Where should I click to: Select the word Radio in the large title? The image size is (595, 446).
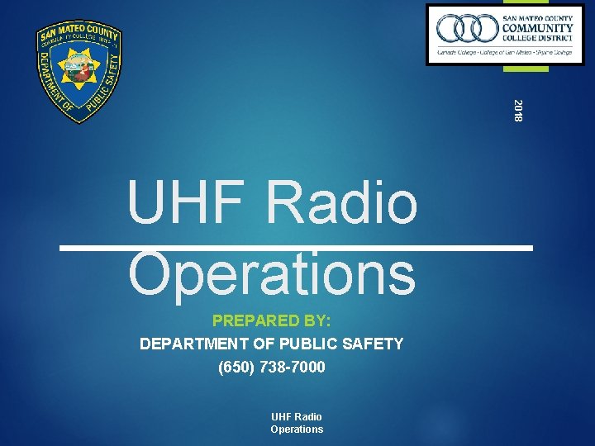tap(345, 205)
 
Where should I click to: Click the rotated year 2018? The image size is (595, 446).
tap(518, 110)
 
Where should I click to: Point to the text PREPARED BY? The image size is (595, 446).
tap(272, 320)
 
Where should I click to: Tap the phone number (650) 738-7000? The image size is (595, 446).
tap(272, 367)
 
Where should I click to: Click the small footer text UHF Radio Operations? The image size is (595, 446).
tap(297, 423)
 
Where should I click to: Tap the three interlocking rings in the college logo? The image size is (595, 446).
tap(466, 29)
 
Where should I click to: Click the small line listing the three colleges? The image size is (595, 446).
tap(505, 52)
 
